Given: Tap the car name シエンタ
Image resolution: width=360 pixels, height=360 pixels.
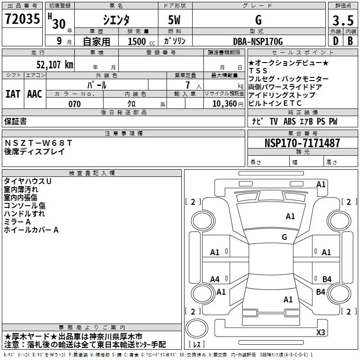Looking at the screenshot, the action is click(117, 20).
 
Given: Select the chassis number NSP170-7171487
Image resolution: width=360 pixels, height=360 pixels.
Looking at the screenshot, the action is click(302, 143).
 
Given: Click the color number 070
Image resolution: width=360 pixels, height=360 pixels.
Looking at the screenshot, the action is click(74, 104).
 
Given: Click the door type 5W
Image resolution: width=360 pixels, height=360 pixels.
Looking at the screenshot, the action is click(175, 20).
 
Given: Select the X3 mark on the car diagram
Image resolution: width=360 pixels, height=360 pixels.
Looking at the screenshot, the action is click(320, 333).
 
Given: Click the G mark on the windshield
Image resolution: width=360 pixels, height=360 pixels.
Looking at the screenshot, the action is click(284, 237).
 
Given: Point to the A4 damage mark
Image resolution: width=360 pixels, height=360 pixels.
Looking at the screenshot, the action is click(215, 279).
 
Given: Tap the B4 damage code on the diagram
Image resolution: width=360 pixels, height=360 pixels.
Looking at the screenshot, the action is click(327, 279).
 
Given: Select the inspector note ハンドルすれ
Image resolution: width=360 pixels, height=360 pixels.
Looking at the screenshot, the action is click(24, 214).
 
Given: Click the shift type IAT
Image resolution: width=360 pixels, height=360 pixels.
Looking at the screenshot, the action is click(13, 94).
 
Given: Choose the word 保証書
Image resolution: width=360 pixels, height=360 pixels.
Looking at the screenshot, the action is click(15, 121).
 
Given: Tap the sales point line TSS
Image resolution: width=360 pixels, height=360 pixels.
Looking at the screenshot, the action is click(258, 71).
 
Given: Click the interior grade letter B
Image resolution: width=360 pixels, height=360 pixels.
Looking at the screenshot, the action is click(350, 41).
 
